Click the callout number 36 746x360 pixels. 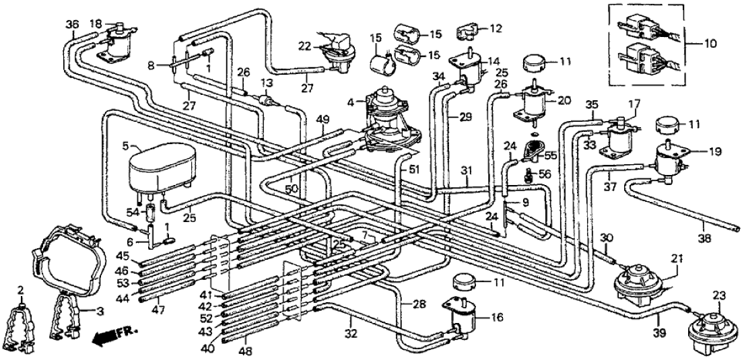point(72,24)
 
